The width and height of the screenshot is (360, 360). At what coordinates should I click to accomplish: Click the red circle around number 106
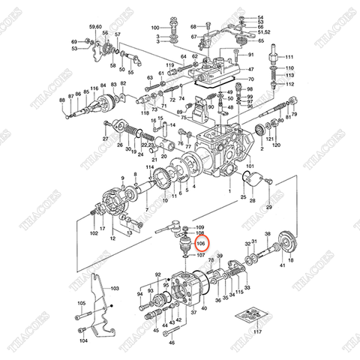pyautogui.click(x=201, y=244)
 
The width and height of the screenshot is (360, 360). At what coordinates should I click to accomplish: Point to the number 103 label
pyautogui.click(x=115, y=288)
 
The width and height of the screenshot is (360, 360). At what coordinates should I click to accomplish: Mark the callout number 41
pyautogui.click(x=282, y=265)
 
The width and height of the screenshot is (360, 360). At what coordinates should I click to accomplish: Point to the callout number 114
pyautogui.click(x=150, y=167)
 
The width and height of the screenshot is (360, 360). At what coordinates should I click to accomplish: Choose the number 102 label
pyautogui.click(x=94, y=233)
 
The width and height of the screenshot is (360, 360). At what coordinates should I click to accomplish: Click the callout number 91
pyautogui.click(x=251, y=55)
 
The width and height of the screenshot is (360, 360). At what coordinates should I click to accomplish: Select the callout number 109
pyautogui.click(x=199, y=226)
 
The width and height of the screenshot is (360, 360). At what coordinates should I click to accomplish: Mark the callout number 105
pyautogui.click(x=80, y=303)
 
